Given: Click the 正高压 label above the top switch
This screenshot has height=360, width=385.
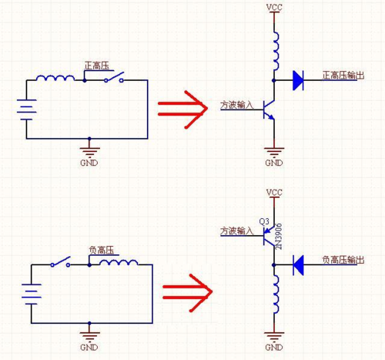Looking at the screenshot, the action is pos(97,66).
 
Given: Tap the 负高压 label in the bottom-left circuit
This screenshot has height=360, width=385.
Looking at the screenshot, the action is pos(102,251).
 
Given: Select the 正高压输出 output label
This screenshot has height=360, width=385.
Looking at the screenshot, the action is pos(343,76).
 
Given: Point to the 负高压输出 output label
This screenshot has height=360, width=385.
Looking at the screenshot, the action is pos(343,260).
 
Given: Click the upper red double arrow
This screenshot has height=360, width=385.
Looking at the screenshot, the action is pos(182,109).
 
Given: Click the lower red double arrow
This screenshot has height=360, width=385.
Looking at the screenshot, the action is pos(188,293).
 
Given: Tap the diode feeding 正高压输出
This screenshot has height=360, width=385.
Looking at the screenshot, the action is pos(298,80).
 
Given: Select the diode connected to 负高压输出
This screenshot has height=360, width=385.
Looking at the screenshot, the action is pos(298,265).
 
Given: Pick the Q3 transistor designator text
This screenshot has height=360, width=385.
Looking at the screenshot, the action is pos(264,221).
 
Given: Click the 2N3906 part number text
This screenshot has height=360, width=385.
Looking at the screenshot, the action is pos(279,237).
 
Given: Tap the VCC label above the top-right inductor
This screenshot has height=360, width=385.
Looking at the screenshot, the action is pos(274,8).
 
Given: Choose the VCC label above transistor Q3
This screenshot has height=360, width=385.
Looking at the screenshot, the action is pos(274,193).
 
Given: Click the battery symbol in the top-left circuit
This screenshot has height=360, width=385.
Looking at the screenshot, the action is pos(26,109).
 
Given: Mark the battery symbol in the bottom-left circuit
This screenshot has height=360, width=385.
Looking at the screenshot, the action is pos(32,294).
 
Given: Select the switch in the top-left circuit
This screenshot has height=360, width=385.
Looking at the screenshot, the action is pos(114,77).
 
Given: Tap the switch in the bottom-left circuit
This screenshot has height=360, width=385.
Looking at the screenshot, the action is pos(61,262).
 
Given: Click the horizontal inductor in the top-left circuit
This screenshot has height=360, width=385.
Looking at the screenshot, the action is pos(55,78).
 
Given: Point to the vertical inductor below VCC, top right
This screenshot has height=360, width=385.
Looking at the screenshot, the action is pos(276,51).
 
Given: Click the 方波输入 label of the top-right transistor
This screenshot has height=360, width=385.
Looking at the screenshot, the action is pos(236,105).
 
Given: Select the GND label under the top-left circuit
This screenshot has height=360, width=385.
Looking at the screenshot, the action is pos(89,163).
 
